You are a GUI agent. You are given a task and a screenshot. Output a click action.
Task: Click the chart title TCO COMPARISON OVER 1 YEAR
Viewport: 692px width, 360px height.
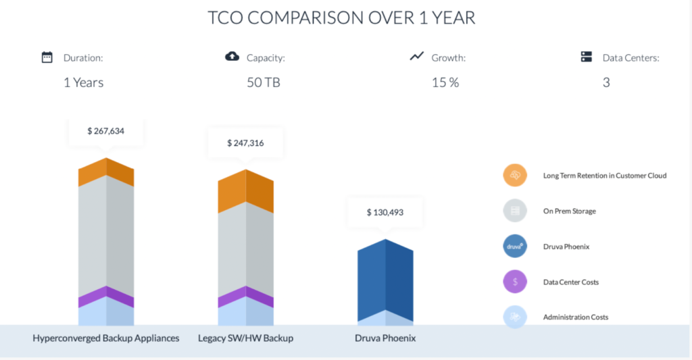(341, 18)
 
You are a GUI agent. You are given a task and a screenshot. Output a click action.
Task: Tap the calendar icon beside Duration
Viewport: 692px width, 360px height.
(47, 57)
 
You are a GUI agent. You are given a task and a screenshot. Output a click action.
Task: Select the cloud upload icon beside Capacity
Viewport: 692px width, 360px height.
(232, 57)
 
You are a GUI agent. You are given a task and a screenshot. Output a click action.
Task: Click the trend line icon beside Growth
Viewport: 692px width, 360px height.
(416, 56)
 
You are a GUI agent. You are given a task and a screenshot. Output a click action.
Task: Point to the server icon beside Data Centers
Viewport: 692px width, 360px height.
(587, 57)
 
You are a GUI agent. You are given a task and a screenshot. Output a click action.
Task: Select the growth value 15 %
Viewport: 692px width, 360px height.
(445, 82)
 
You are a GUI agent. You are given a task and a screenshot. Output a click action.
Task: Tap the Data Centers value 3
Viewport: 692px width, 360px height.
(606, 82)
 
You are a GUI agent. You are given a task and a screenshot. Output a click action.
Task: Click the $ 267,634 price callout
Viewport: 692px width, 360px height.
(106, 131)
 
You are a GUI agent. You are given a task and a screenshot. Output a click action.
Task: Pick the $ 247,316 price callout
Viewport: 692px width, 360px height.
(245, 143)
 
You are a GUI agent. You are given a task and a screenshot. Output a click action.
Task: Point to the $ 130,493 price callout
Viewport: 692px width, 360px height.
(385, 212)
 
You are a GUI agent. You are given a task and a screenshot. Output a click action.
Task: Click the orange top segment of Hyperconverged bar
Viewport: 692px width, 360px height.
(106, 173)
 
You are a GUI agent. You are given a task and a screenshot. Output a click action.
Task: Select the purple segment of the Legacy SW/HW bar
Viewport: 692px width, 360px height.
(245, 297)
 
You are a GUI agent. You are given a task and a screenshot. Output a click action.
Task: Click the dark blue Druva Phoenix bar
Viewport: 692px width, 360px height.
(385, 280)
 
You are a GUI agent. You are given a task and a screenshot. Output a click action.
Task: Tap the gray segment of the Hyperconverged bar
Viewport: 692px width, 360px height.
(106, 236)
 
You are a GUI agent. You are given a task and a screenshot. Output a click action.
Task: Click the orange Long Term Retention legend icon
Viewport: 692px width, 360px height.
(515, 176)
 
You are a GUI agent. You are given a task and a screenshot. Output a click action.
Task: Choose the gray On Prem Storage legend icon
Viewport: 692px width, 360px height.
(515, 211)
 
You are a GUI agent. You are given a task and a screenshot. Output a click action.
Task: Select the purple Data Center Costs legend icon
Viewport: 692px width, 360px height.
(515, 282)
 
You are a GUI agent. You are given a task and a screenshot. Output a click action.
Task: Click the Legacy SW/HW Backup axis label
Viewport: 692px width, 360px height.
(246, 338)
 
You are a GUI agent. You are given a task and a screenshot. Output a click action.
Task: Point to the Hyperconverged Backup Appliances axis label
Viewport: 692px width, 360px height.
(106, 338)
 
